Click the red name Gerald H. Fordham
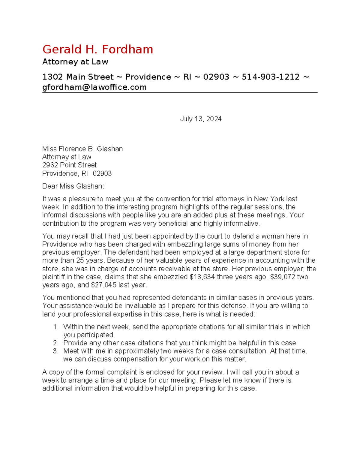97,50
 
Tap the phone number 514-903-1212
270,77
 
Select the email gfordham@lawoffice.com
94,87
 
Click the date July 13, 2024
201,119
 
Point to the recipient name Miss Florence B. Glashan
82,149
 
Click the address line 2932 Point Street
69,165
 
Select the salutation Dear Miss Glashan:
73,186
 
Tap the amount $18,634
202,277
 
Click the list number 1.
55,327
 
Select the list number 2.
55,343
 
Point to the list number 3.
55,351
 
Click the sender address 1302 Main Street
78,77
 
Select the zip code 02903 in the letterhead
216,77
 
